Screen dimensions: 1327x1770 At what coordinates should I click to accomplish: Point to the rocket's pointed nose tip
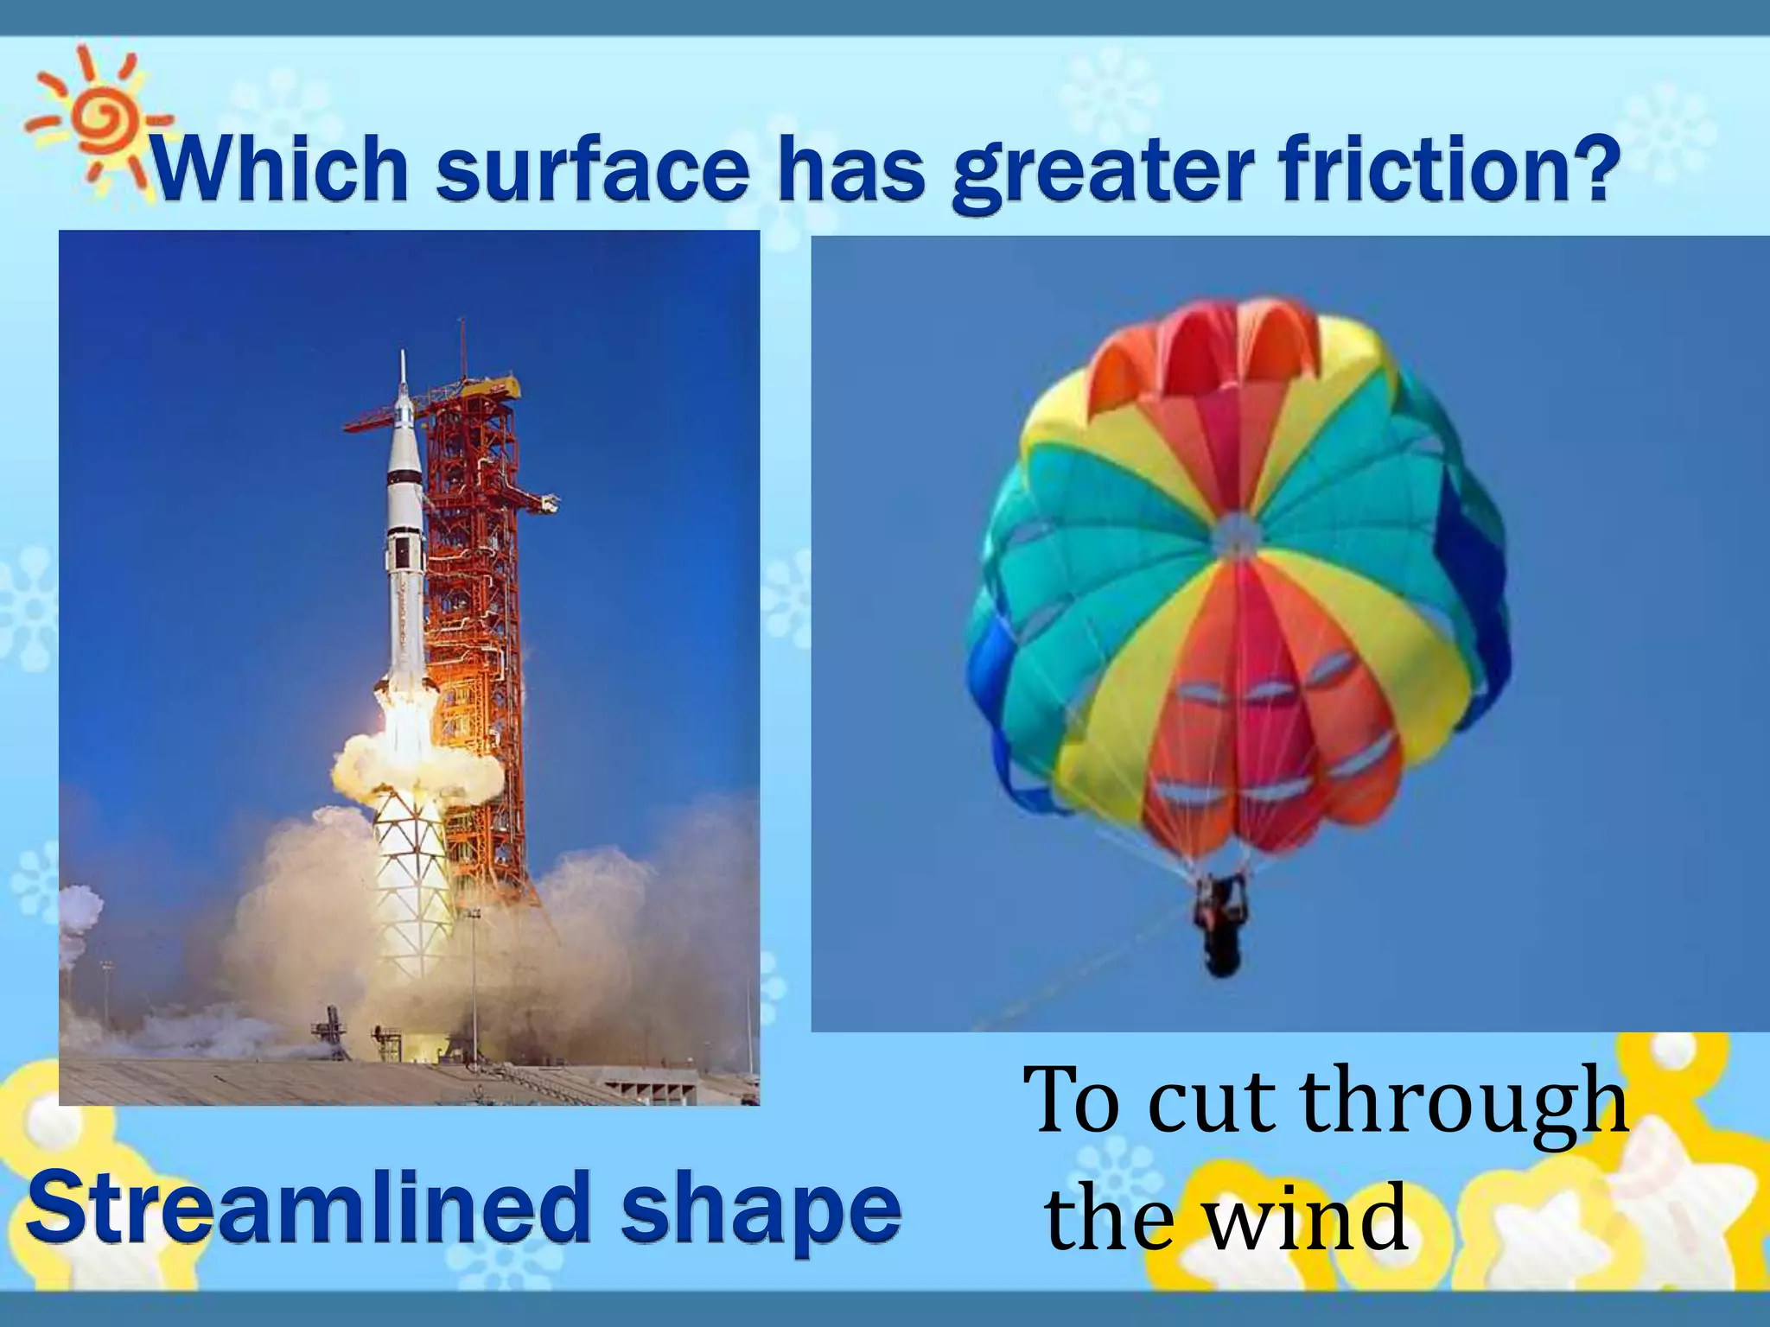pos(403,356)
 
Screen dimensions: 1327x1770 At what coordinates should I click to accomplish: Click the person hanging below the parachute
pos(1219,924)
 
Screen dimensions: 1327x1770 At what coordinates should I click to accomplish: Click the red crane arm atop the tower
pos(380,422)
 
